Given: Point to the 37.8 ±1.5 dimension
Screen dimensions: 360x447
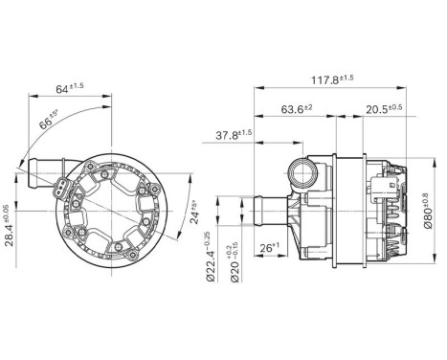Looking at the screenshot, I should pyautogui.click(x=232, y=134).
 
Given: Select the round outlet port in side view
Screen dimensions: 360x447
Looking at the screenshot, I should pyautogui.click(x=308, y=172).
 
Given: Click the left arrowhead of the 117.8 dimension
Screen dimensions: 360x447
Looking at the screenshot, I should pyautogui.click(x=257, y=87).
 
